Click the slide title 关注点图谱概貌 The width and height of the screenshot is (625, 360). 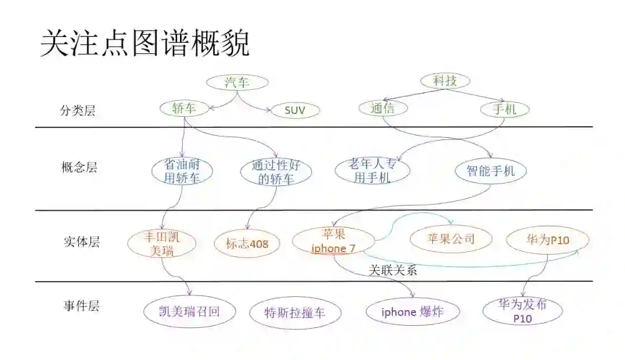145,44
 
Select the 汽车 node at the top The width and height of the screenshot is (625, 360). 237,82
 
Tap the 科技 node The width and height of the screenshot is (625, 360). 445,81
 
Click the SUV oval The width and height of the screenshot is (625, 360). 295,110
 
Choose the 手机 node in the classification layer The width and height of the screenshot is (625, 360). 505,109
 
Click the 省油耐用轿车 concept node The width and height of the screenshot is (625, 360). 182,172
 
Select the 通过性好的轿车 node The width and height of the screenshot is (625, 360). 275,172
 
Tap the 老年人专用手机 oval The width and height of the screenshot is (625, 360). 373,170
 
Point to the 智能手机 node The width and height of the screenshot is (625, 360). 491,171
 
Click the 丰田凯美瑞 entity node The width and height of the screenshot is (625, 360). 161,243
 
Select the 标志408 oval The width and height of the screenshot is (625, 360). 248,244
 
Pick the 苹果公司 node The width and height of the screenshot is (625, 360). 450,238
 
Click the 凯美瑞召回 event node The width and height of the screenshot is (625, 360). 189,311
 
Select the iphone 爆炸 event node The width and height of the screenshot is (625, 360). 413,311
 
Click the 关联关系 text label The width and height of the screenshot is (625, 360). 393,270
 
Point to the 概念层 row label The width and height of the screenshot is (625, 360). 79,168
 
